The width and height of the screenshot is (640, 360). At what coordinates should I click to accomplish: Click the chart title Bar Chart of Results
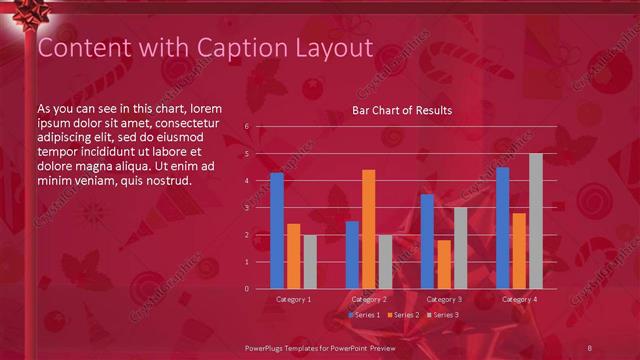tap(401, 110)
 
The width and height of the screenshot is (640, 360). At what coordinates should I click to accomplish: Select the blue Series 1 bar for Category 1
tap(277, 231)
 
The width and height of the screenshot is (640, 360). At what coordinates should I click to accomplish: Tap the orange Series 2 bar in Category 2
tap(369, 229)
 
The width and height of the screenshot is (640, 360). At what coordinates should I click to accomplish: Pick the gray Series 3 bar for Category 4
tap(536, 221)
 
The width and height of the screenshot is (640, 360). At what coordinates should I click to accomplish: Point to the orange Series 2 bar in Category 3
tap(444, 264)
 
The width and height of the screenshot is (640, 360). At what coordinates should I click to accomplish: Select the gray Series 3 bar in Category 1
tap(310, 262)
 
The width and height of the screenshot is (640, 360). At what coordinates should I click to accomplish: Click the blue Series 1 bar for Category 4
tap(503, 228)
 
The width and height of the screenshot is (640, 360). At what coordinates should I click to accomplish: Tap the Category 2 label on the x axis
tap(369, 299)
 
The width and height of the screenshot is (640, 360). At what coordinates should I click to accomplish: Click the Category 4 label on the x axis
tap(519, 299)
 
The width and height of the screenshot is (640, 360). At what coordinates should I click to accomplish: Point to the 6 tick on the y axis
tap(247, 127)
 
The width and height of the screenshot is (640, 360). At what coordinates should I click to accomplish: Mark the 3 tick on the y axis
tap(247, 208)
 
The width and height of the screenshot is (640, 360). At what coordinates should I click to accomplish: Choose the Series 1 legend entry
tap(364, 315)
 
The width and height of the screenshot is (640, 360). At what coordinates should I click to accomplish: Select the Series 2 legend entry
tap(403, 315)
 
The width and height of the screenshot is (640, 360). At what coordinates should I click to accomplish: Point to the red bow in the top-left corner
tap(17, 15)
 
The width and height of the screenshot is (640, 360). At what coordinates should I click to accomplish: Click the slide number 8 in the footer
tap(590, 346)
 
